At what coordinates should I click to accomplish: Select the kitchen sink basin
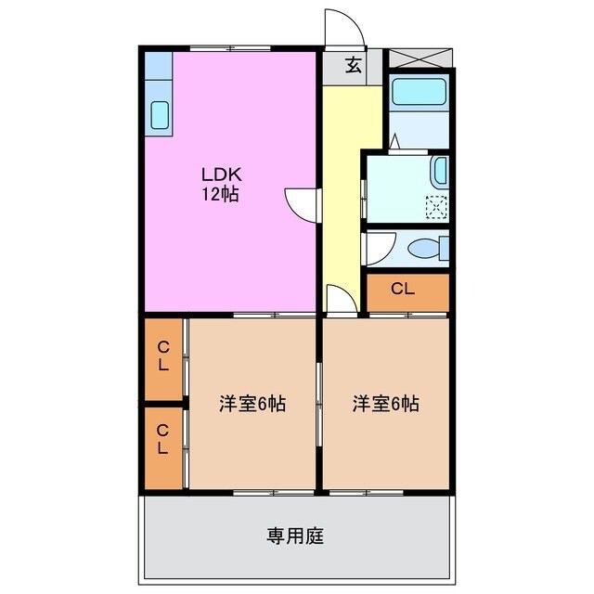tap(160, 115)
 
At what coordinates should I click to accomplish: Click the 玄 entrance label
tap(354, 65)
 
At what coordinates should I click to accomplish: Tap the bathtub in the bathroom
tap(420, 94)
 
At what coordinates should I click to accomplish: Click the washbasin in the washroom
tap(441, 171)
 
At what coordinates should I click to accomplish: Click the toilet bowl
tap(427, 249)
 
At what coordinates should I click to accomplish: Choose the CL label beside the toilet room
tap(402, 289)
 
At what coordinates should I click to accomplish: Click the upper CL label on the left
tap(162, 355)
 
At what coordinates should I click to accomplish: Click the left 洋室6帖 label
tap(252, 405)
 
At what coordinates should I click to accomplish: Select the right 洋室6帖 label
tap(384, 405)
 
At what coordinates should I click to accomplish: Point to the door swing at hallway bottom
tap(340, 299)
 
